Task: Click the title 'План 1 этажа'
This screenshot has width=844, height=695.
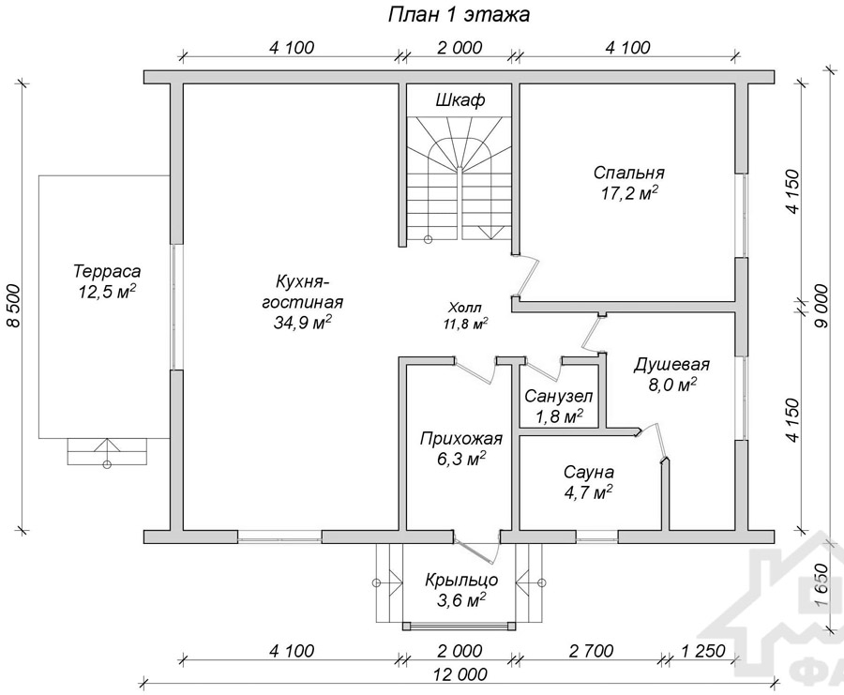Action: pos(459,14)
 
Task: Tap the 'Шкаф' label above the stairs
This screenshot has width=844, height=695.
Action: pos(460,100)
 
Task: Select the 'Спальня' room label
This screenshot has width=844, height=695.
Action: pos(628,173)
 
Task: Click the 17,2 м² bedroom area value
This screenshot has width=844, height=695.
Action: pos(630,193)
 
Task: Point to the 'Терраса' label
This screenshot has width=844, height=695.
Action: pos(107,270)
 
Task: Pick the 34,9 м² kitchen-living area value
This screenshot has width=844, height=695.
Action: pos(302,323)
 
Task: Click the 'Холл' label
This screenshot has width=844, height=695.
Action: pos(464,308)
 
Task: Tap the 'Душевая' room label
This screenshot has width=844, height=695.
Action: pos(671,366)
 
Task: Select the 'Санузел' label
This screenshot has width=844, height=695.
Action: pos(559,397)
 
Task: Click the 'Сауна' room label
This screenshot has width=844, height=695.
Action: pos(588,472)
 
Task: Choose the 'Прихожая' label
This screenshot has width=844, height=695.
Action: pos(461,439)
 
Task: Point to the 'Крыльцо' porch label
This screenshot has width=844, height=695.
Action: pos(461,581)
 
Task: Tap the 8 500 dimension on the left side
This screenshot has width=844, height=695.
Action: pos(13,305)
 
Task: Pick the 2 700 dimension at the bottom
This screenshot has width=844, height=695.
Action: pos(591,652)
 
